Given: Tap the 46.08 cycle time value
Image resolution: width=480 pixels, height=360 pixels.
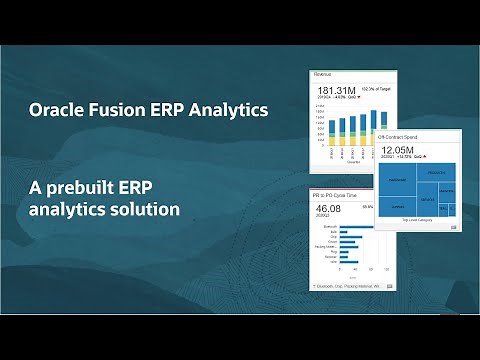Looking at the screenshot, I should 330,209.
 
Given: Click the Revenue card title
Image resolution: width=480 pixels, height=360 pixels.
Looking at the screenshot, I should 323,74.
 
